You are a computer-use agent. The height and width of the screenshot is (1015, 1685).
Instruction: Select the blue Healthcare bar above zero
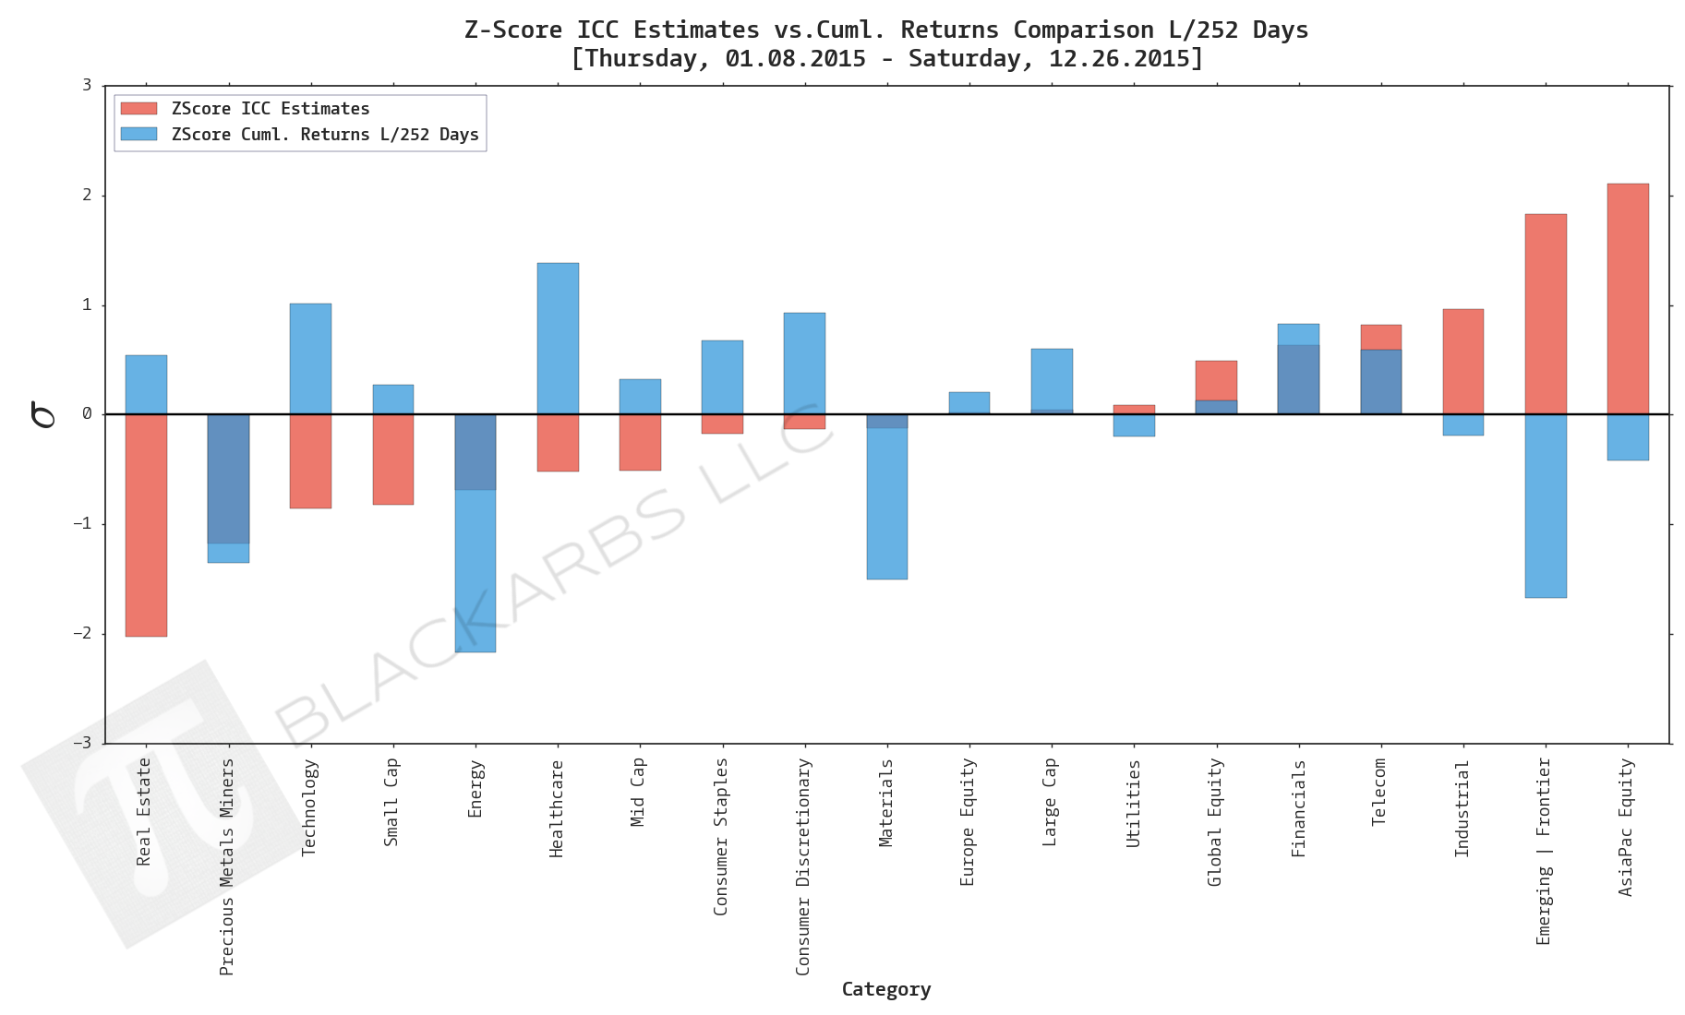(x=558, y=338)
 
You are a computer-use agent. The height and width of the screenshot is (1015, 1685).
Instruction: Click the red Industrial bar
(x=1462, y=361)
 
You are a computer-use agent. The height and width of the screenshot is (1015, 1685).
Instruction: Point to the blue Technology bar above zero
(x=310, y=358)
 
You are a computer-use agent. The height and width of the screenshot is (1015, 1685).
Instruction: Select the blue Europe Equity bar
(x=969, y=402)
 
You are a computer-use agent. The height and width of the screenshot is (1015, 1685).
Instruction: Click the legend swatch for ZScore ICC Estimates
(x=138, y=109)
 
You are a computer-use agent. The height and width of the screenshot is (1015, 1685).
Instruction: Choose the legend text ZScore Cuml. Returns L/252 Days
(x=325, y=135)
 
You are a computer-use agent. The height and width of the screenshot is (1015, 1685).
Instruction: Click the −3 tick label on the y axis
(x=85, y=743)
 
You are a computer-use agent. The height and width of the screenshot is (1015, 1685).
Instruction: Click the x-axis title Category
(x=885, y=989)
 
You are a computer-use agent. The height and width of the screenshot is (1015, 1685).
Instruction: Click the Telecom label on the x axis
(x=1379, y=792)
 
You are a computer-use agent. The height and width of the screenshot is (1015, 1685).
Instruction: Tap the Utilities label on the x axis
(x=1133, y=803)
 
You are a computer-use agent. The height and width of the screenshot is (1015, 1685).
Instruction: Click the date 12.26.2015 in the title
(x=1118, y=58)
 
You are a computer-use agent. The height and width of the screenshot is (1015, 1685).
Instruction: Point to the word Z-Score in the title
(x=512, y=30)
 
